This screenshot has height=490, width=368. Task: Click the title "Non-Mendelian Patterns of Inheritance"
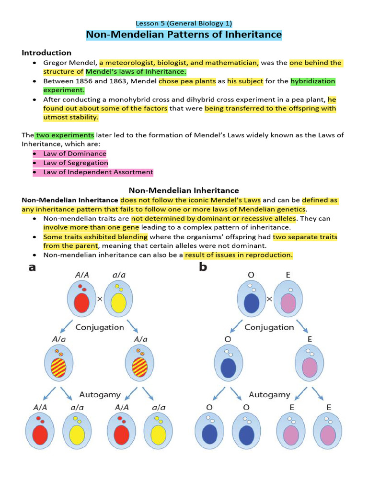point(184,35)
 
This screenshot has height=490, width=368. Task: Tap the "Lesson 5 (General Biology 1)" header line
point(184,23)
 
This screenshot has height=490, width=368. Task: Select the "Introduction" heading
point(46,53)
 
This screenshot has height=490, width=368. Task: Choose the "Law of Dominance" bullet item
point(75,154)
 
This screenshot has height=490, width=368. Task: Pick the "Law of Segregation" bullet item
point(76,163)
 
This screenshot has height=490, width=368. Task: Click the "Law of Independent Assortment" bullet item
point(98,172)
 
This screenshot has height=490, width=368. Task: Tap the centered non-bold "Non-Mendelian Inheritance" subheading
point(184,190)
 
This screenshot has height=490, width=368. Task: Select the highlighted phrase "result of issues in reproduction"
point(239,255)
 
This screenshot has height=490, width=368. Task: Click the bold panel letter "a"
point(32,268)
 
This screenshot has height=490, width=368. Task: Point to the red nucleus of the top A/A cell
point(82,303)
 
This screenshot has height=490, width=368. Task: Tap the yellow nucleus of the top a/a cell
point(118,303)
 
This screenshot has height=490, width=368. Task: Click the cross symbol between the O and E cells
point(269,298)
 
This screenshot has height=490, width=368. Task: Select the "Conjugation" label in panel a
point(100,327)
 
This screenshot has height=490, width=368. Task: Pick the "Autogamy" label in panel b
point(269,395)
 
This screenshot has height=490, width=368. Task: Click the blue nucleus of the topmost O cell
point(251,303)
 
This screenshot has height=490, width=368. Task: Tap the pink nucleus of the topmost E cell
point(288,303)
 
